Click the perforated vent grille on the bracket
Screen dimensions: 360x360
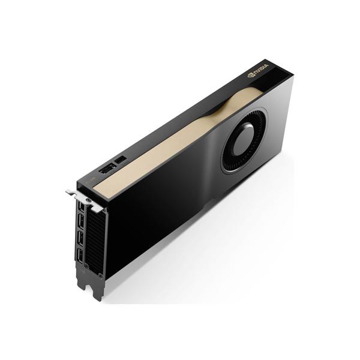(93, 240)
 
